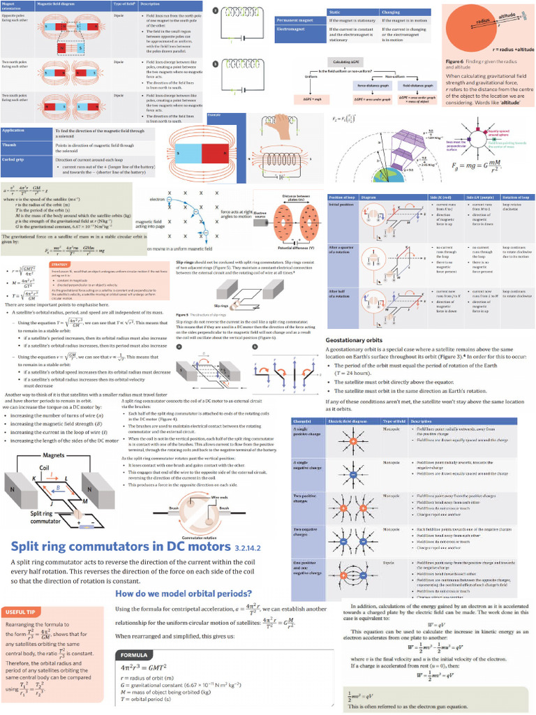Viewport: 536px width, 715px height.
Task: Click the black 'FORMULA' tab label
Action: (134, 655)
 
